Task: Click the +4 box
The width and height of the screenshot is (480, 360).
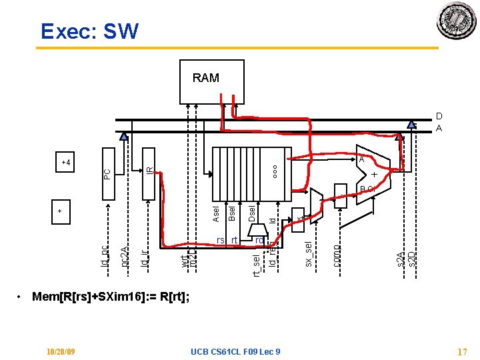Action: tap(66, 162)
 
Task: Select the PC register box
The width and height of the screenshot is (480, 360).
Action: tap(108, 173)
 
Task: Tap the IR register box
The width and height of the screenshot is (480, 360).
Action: tap(149, 173)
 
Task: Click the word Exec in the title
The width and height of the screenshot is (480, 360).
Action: tap(67, 31)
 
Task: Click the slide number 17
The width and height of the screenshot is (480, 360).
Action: tap(461, 351)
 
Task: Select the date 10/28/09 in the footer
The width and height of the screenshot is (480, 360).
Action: tap(61, 351)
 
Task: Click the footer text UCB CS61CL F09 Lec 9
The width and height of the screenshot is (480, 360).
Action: tap(235, 351)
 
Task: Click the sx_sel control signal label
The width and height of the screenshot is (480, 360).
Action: tap(308, 255)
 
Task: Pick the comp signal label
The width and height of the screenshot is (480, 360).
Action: tap(338, 255)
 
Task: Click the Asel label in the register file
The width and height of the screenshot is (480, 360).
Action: tap(216, 213)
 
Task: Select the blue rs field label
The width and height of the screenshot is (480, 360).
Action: tap(220, 240)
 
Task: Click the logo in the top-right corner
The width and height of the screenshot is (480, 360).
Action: tap(456, 21)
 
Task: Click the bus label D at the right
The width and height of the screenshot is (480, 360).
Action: tap(439, 116)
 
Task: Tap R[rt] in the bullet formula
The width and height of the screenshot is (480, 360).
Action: tap(173, 296)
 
